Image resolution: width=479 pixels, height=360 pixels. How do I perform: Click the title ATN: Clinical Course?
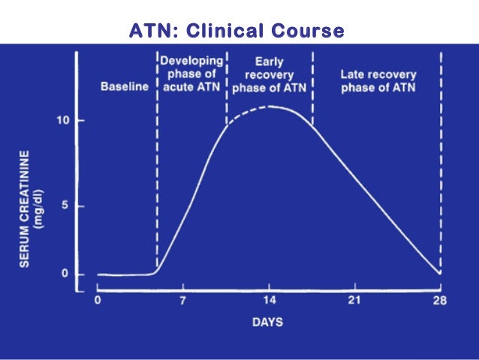click(236, 31)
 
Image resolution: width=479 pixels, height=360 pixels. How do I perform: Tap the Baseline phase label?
click(125, 86)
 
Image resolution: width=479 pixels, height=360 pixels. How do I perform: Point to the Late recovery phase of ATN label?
click(378, 80)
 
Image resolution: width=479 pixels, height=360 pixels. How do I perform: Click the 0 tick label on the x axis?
click(98, 301)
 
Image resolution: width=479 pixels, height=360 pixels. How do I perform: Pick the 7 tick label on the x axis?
click(182, 301)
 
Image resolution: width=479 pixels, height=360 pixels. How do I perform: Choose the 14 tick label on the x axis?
click(268, 301)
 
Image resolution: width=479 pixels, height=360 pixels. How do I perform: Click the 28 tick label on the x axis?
click(440, 301)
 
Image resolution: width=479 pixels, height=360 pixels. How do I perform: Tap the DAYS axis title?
click(268, 322)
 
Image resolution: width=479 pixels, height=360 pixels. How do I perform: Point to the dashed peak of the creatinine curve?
click(269, 107)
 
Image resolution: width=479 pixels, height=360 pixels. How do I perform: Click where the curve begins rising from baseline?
click(155, 271)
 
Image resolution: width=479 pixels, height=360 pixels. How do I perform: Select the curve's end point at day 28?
click(439, 273)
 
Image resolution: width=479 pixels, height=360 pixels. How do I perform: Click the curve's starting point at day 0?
click(98, 274)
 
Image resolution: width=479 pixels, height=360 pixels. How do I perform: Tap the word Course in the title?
click(309, 31)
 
